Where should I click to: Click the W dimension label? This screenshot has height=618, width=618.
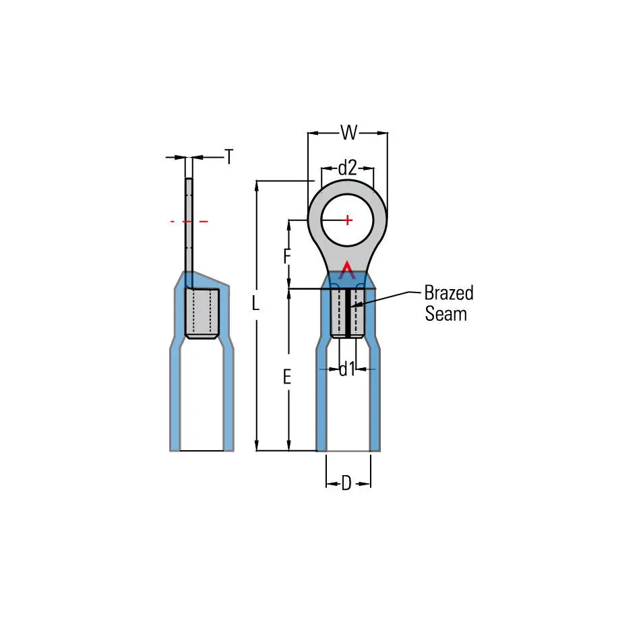click(349, 132)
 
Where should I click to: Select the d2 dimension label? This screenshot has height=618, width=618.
click(347, 168)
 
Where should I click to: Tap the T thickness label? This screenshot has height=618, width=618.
click(229, 156)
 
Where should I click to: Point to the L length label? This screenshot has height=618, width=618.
click(256, 303)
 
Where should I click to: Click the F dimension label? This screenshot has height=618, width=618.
click(287, 256)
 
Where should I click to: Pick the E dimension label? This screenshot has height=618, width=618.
click(287, 377)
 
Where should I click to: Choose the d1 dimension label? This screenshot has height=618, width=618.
click(347, 369)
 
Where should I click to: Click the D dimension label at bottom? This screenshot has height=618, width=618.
click(346, 483)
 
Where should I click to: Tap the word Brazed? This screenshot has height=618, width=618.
click(449, 293)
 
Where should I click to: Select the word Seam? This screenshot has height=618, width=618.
click(445, 314)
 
